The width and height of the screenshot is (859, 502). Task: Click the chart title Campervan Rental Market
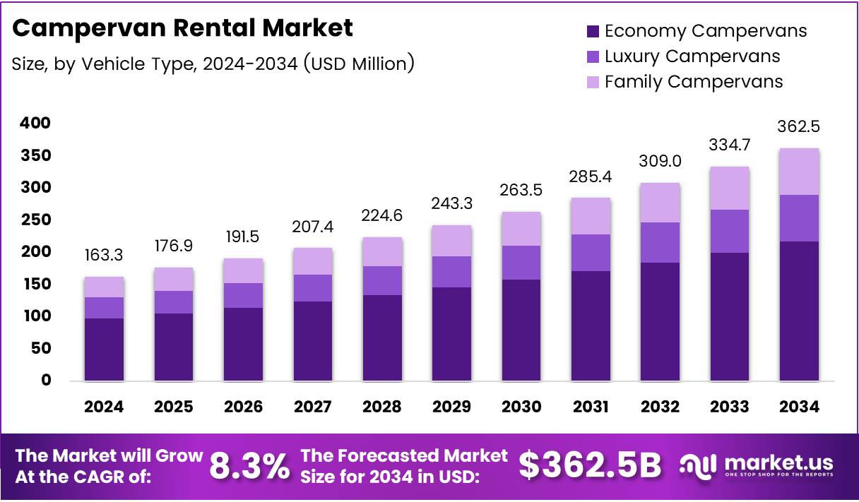coord(182,28)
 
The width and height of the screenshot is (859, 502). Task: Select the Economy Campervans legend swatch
coord(593,31)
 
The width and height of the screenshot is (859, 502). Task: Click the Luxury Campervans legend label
coord(692,56)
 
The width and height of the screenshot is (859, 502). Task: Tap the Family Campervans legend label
coord(694,82)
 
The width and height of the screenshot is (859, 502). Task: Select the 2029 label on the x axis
coord(452,407)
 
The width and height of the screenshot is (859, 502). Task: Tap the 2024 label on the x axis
coord(104,407)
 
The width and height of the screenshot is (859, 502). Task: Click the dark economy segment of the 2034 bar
coord(799,311)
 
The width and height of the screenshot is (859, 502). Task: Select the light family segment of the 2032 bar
coord(660,203)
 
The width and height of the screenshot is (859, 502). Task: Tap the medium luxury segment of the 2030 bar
coord(521,263)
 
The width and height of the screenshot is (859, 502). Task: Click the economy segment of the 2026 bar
coord(243,344)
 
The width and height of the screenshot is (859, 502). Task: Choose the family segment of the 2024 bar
coord(104,287)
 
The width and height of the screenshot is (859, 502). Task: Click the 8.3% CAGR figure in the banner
coord(250,466)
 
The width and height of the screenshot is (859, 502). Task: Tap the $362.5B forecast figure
coord(591,465)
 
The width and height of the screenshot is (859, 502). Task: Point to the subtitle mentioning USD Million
coord(213,64)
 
